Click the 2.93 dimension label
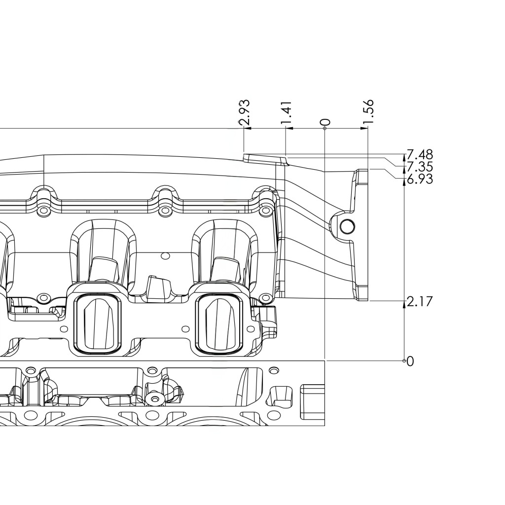[x=245, y=112]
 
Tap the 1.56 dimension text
[x=368, y=111]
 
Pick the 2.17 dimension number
[x=419, y=302]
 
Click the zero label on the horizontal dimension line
[x=325, y=122]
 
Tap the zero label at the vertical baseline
[x=410, y=361]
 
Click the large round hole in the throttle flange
[x=348, y=227]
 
